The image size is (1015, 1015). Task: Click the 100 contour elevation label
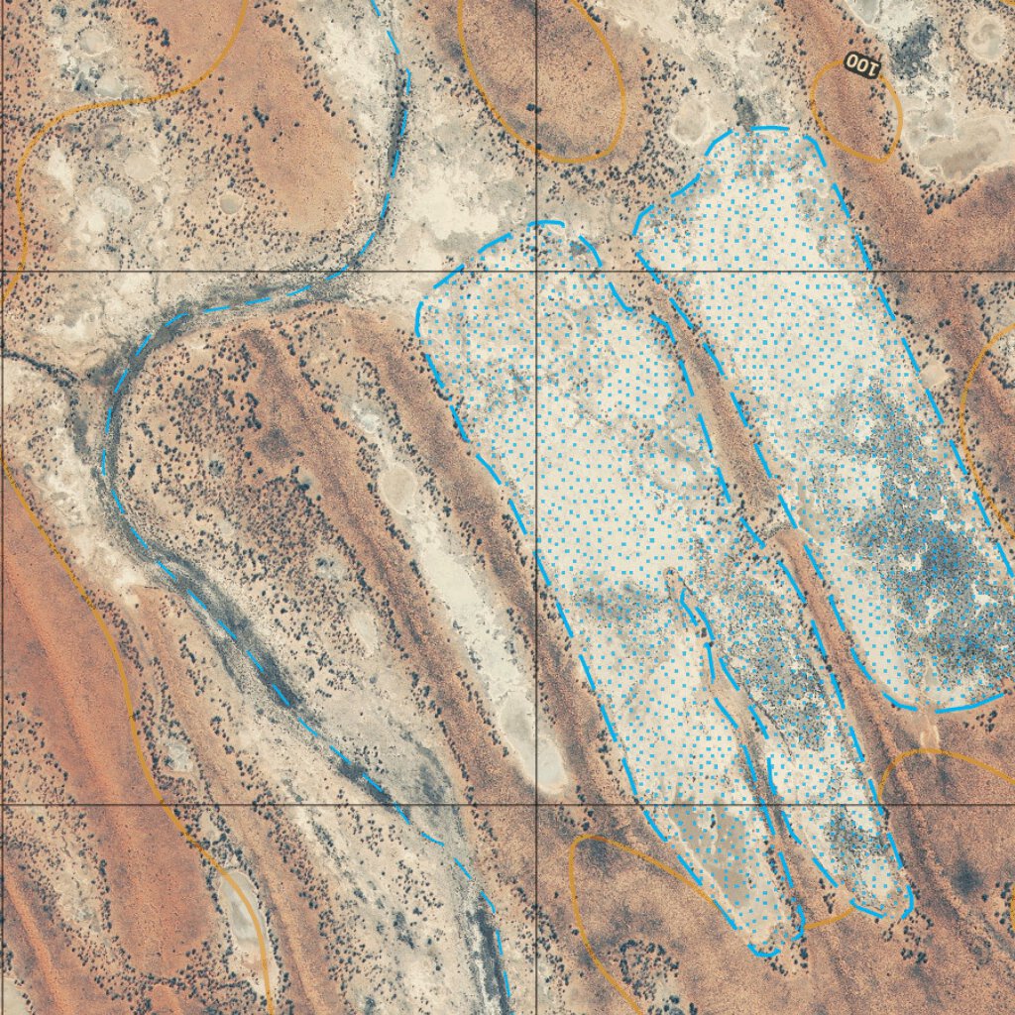point(862,66)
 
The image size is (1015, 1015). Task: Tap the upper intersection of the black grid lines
point(536,271)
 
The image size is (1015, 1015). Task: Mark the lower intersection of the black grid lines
point(536,805)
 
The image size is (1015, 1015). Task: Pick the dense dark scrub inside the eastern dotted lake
point(932,565)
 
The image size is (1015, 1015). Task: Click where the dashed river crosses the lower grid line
point(401,805)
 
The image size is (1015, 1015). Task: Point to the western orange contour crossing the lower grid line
point(167,805)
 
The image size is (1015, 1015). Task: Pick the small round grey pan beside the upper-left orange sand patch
point(230,203)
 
